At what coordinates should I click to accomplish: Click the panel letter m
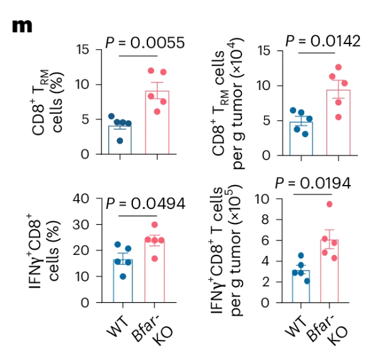pos(22,26)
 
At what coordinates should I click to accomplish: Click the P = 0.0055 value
pos(144,43)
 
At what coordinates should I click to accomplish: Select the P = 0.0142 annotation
pos(323,41)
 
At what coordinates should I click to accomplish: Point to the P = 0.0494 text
pos(145,203)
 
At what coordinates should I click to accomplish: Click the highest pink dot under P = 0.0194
pos(329,204)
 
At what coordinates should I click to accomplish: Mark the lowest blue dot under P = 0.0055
pos(120,140)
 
